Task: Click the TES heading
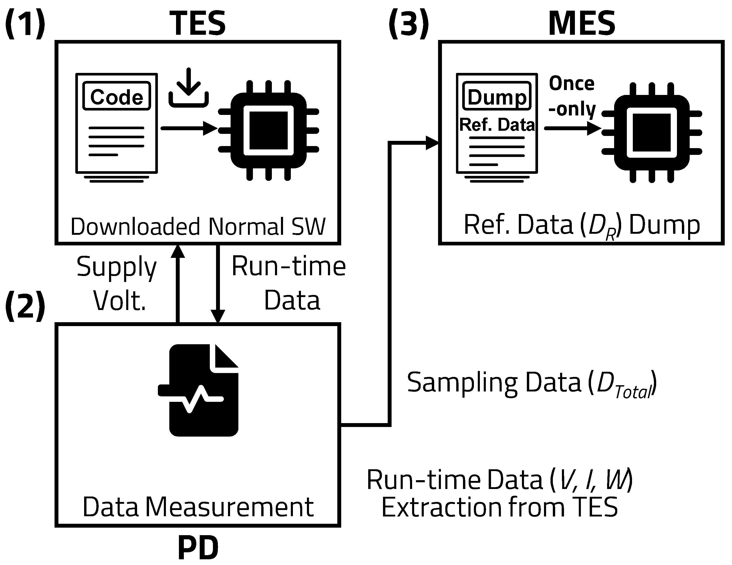[x=198, y=23]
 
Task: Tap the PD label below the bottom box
[x=198, y=548]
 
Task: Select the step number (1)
[x=25, y=23]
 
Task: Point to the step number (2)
[x=25, y=305]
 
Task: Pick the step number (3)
[x=408, y=23]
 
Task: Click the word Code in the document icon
[x=117, y=97]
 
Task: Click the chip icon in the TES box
[x=268, y=131]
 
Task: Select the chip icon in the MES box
[x=652, y=133]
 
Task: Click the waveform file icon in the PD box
[x=201, y=390]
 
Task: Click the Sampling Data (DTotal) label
[x=531, y=383]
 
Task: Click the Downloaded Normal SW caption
[x=198, y=227]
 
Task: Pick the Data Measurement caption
[x=198, y=507]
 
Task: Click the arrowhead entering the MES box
[x=432, y=143]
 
